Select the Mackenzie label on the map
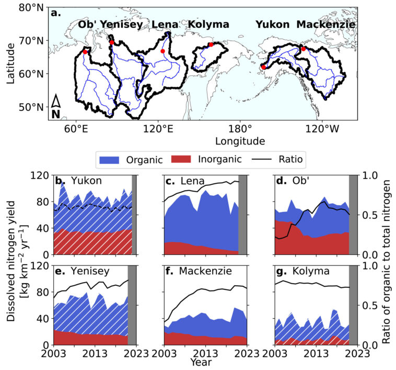point(326,24)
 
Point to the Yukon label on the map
point(273,24)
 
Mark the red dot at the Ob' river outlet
point(85,52)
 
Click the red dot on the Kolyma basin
point(211,44)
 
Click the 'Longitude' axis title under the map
point(239,141)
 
